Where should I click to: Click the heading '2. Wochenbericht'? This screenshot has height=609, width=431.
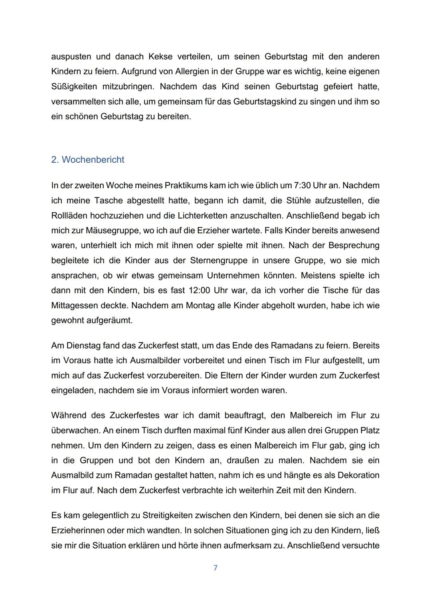87,160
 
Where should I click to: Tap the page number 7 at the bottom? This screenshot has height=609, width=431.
215,568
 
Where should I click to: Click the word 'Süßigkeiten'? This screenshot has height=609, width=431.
74,87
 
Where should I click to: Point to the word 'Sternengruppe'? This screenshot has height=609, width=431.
228,260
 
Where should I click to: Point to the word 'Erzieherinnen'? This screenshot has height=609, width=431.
78,530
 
